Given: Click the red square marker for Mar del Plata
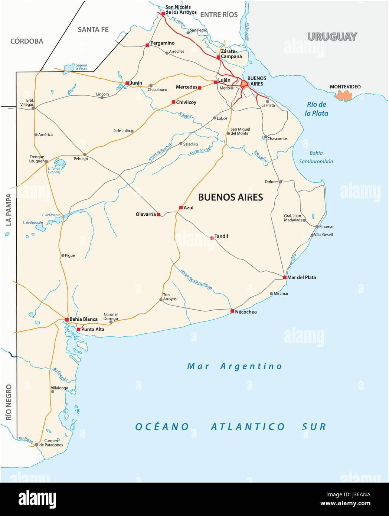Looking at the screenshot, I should click(x=284, y=277).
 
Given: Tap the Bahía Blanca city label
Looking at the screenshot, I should click(x=84, y=319).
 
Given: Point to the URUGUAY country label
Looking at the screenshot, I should click(x=332, y=37).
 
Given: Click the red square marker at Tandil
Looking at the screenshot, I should click(x=212, y=238).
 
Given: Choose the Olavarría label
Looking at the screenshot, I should click(x=146, y=215).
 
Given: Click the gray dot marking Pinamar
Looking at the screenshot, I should click(x=317, y=226).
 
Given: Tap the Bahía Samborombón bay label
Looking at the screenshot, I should click(x=316, y=157).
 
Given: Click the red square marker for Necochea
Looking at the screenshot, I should click(x=232, y=311).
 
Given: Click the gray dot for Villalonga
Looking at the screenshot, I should click(x=52, y=391).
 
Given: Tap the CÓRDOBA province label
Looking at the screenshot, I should click(x=27, y=41).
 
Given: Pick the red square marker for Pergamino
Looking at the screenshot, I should click(x=147, y=45).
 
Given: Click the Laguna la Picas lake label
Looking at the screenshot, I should click(x=81, y=67).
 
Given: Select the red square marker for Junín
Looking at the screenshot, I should click(x=127, y=83).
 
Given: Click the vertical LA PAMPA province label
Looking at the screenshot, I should click(x=8, y=210).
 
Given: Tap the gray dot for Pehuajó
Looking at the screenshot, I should click(x=85, y=154).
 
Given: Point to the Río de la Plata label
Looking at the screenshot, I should click(x=316, y=109).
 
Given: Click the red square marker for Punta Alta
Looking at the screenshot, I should click(x=78, y=329).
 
